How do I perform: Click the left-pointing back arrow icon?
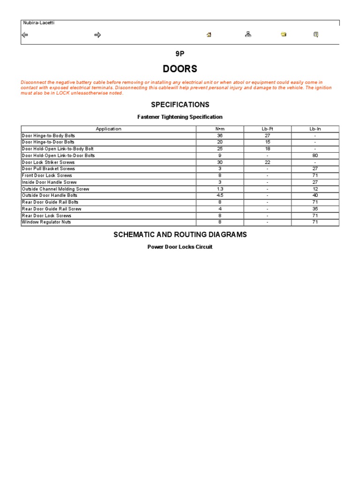pos(25,35)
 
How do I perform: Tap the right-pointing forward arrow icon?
pos(97,35)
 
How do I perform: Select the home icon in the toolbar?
pos(209,35)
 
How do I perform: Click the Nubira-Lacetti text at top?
pos(38,23)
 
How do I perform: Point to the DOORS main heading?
pos(180,69)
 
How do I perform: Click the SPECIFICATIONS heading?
pos(180,105)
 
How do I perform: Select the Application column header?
pos(108,129)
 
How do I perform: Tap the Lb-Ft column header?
pos(267,129)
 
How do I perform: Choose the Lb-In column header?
pos(315,129)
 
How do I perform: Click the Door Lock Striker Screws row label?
pos(48,162)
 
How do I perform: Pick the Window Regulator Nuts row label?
pos(46,222)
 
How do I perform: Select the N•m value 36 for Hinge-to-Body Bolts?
pos(220,135)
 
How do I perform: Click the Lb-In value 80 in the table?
pos(315,156)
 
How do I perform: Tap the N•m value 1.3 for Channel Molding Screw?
pos(220,189)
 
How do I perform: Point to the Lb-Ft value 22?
pos(267,162)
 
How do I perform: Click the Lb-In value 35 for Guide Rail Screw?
pos(315,209)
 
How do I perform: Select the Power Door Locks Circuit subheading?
pos(180,247)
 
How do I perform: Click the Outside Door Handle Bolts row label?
pos(49,195)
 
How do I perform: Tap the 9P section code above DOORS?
pos(180,54)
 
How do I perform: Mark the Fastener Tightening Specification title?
pos(180,117)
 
